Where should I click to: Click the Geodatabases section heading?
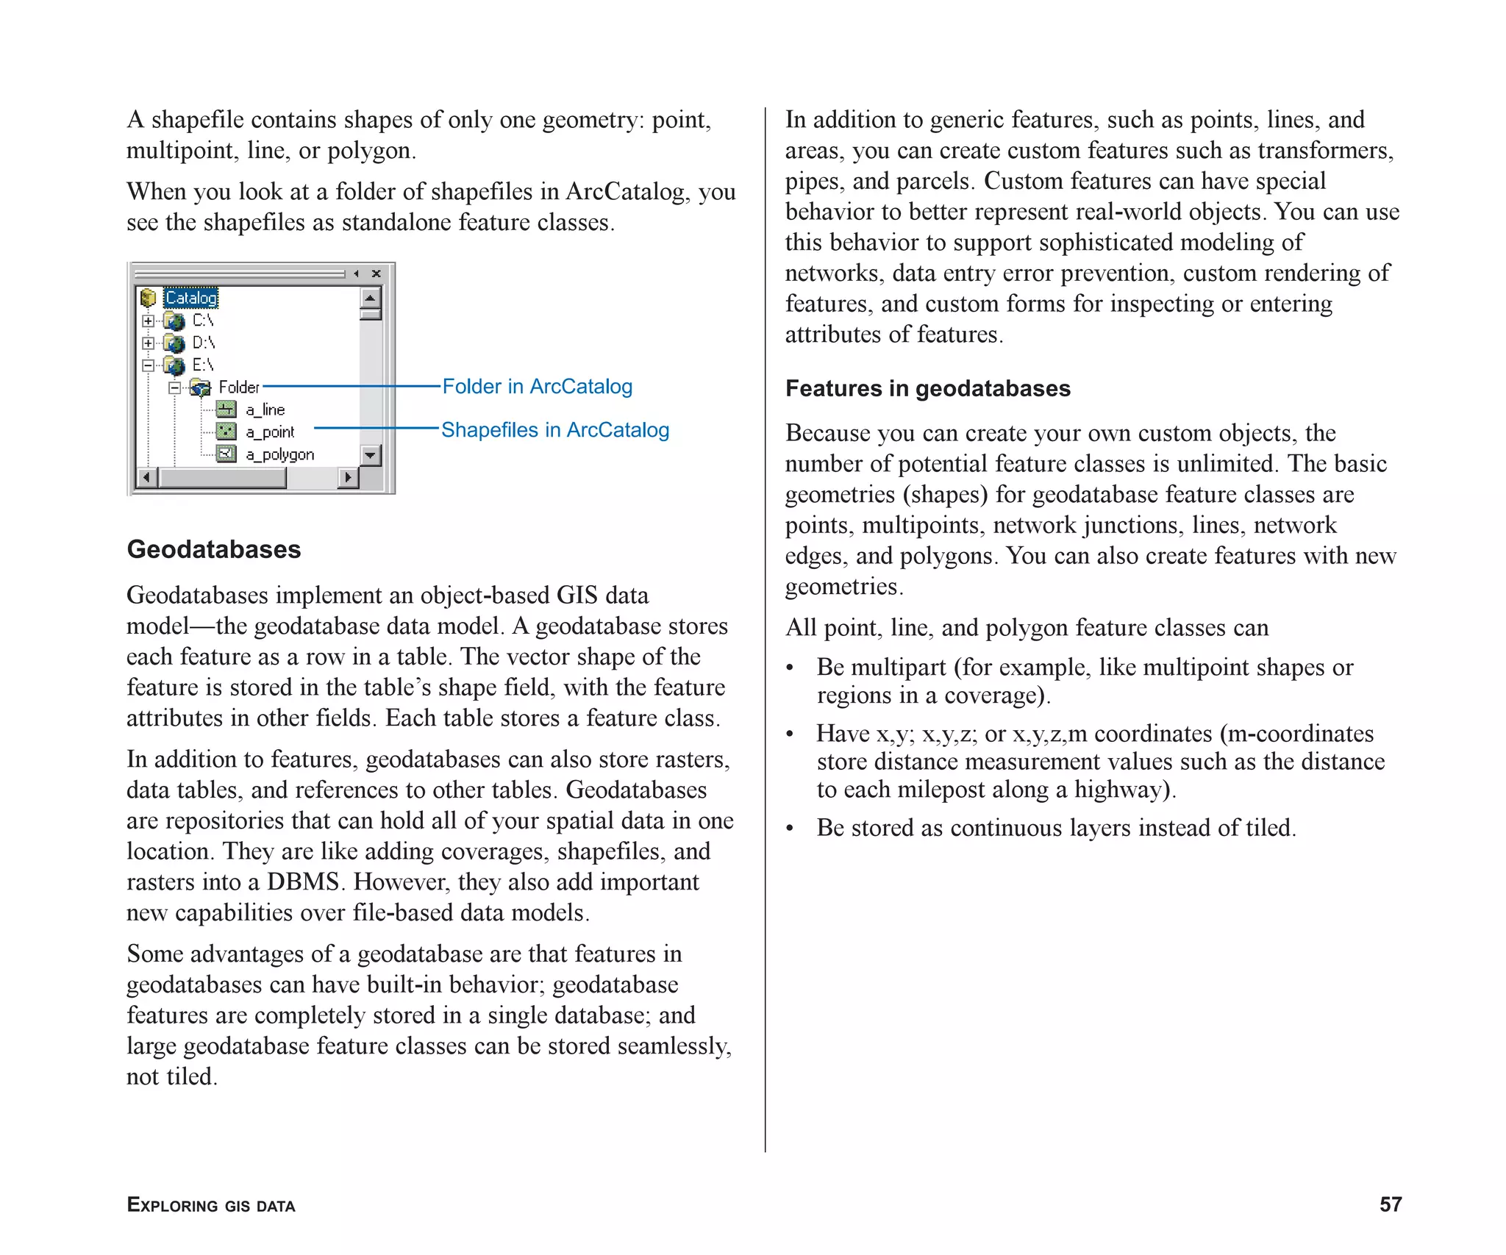pyautogui.click(x=214, y=550)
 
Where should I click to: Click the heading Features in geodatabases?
pyautogui.click(x=927, y=388)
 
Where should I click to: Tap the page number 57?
pyautogui.click(x=1390, y=1204)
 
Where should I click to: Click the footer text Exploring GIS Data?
pyautogui.click(x=211, y=1205)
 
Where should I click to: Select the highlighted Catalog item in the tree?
pyautogui.click(x=190, y=298)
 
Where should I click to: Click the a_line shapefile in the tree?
pyautogui.click(x=265, y=410)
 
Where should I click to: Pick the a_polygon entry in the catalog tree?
pyautogui.click(x=279, y=454)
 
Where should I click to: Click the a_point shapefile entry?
pyautogui.click(x=269, y=432)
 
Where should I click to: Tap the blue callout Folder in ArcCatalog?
pyautogui.click(x=537, y=387)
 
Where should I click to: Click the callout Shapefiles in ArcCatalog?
pyautogui.click(x=555, y=430)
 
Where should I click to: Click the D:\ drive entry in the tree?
pyautogui.click(x=203, y=343)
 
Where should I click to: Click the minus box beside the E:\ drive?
pyautogui.click(x=149, y=365)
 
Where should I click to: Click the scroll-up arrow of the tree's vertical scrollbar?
pyautogui.click(x=370, y=298)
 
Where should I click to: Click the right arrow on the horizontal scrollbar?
pyautogui.click(x=348, y=478)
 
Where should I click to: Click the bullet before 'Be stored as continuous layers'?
pyautogui.click(x=790, y=829)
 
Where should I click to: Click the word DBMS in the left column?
pyautogui.click(x=302, y=882)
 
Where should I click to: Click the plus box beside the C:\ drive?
pyautogui.click(x=149, y=321)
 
